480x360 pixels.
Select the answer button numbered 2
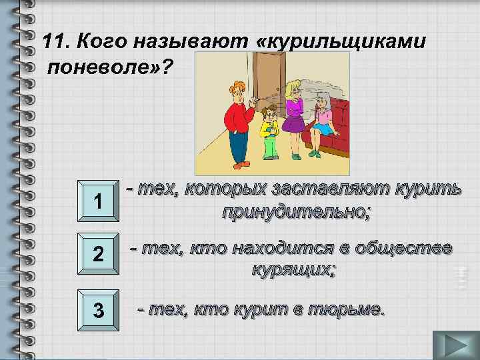click(x=97, y=254)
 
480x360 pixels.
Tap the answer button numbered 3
click(x=97, y=310)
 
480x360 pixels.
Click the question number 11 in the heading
click(x=56, y=42)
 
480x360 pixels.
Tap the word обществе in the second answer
click(x=405, y=248)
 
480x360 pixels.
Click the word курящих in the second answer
click(x=293, y=270)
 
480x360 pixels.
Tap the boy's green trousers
click(x=269, y=147)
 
